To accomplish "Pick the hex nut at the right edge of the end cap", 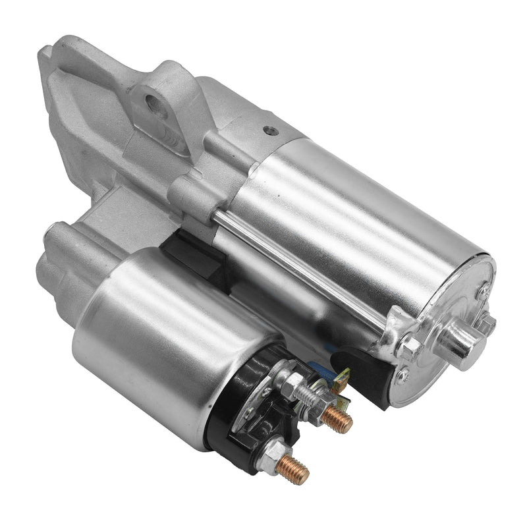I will pos(487,323).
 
